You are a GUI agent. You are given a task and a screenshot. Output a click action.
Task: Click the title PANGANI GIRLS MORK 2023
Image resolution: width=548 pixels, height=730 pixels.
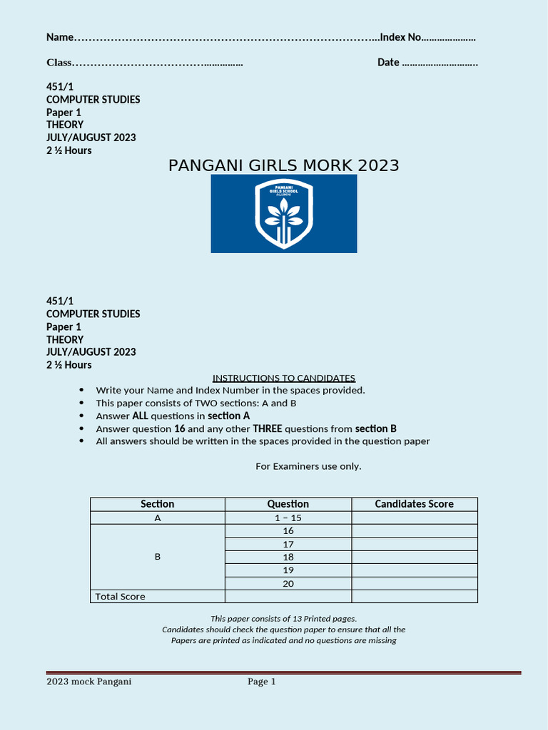(x=283, y=166)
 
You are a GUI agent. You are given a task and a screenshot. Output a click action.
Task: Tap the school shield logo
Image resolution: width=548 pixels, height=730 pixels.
(x=284, y=214)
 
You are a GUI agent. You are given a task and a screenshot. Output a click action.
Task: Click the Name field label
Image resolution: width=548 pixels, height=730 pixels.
(x=60, y=37)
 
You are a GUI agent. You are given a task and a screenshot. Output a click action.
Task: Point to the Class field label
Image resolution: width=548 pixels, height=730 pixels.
(x=59, y=63)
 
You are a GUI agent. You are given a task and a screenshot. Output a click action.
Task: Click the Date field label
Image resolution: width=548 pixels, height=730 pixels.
(x=388, y=63)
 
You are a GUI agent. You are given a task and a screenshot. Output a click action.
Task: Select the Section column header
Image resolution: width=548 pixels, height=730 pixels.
(x=157, y=504)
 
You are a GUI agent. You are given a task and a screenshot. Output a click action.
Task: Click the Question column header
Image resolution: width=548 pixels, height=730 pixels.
(x=288, y=504)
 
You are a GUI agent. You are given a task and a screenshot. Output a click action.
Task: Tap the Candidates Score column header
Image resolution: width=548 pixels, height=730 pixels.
(x=414, y=504)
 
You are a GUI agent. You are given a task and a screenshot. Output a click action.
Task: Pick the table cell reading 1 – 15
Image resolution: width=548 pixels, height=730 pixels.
(x=288, y=518)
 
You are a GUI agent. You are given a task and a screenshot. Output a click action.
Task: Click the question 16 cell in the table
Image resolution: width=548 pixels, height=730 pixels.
(x=288, y=531)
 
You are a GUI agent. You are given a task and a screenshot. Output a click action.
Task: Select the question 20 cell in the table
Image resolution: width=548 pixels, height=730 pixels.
(x=288, y=583)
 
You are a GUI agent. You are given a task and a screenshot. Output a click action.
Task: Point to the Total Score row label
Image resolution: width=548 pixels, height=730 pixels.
(x=120, y=597)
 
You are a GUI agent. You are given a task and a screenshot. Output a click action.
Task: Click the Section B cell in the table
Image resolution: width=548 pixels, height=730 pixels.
(x=157, y=557)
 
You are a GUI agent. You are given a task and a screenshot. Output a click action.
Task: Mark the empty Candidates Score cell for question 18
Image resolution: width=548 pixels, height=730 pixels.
(x=414, y=557)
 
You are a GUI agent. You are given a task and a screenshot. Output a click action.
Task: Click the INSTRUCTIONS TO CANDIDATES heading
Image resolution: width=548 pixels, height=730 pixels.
(x=283, y=378)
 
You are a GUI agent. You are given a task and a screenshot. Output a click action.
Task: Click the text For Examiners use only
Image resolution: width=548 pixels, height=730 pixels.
(x=308, y=466)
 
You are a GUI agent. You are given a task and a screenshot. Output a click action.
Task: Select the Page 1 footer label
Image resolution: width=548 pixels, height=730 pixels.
(x=261, y=682)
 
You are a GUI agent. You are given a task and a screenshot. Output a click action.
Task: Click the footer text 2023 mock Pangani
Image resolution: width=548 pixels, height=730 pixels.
(x=88, y=682)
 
